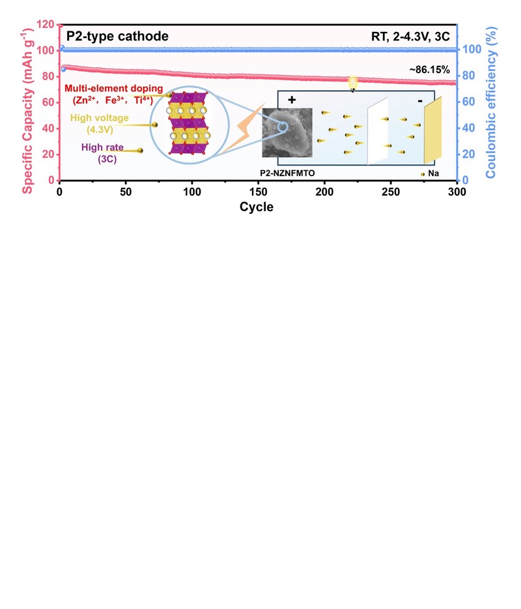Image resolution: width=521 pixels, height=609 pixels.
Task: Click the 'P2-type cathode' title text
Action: click(x=117, y=37)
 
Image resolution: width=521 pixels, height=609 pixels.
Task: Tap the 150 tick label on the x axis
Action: click(x=259, y=192)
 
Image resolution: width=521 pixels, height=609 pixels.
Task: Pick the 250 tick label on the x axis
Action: click(x=391, y=192)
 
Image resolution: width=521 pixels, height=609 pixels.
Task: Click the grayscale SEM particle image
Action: click(x=287, y=134)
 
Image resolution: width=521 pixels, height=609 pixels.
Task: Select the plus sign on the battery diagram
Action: click(x=291, y=100)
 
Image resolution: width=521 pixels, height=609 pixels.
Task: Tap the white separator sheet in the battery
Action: click(x=378, y=130)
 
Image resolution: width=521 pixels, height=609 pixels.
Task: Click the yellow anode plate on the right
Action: click(x=434, y=130)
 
